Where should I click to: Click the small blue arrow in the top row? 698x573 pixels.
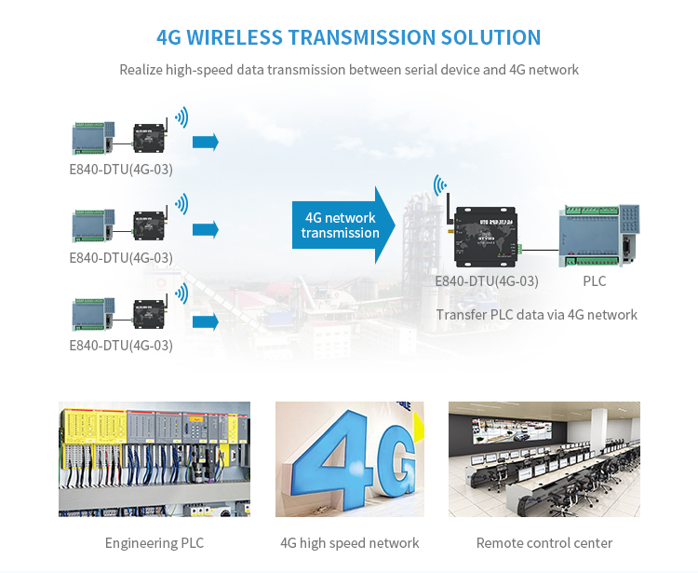(205, 142)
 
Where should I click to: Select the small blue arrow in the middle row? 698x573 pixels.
(205, 229)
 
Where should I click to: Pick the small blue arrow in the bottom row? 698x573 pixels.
(205, 321)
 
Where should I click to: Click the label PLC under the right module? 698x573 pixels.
(595, 280)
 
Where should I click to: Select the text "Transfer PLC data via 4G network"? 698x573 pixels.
(537, 315)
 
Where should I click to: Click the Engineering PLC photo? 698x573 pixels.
(154, 458)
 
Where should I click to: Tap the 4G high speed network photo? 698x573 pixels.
(349, 458)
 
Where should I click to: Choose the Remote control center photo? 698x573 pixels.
(544, 458)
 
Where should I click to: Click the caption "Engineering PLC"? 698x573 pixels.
(154, 543)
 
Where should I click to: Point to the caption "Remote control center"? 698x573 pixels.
(544, 543)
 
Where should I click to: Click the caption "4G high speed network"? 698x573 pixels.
(349, 543)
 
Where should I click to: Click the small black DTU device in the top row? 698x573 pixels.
(149, 138)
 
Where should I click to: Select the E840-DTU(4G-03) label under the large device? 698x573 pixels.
(487, 280)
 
